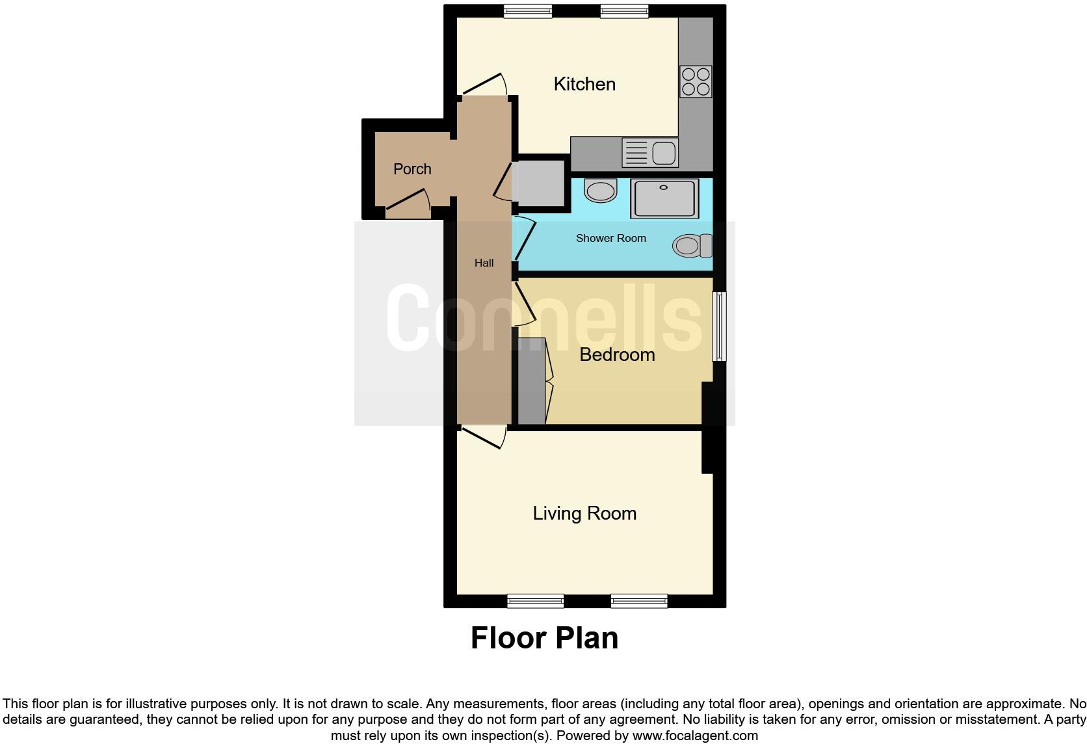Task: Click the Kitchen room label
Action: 584,84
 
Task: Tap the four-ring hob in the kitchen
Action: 695,81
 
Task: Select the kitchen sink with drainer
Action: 649,153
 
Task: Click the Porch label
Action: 412,169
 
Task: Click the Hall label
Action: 484,263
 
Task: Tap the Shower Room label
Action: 610,238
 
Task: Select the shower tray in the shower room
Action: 664,198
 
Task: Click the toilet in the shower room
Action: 692,246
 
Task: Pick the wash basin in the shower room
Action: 600,191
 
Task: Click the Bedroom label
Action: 616,354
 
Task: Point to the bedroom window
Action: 719,326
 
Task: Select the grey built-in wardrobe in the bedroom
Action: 531,381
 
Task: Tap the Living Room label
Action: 584,513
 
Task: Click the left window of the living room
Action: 535,601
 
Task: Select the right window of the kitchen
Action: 623,10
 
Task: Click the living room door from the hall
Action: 483,437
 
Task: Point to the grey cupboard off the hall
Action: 539,183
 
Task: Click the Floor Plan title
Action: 544,638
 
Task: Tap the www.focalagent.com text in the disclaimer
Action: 694,736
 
